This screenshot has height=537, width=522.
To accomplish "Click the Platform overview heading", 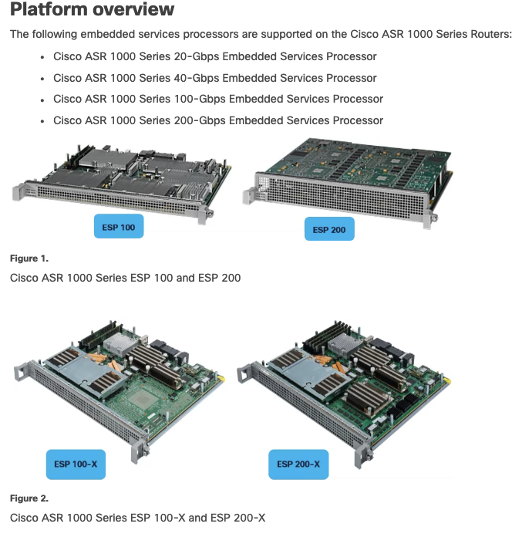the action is click(x=92, y=11).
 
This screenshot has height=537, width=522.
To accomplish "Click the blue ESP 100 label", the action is click(x=118, y=228).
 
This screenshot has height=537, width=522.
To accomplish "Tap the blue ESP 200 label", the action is click(x=329, y=230).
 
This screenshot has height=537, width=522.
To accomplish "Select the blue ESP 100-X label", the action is click(x=75, y=464).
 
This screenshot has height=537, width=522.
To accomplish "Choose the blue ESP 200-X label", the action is click(x=298, y=464).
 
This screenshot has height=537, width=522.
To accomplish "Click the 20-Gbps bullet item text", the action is click(x=214, y=56).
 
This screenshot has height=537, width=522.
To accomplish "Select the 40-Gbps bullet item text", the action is click(x=214, y=78).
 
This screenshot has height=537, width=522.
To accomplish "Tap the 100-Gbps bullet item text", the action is click(x=217, y=99).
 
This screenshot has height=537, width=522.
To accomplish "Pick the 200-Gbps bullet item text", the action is click(x=217, y=120).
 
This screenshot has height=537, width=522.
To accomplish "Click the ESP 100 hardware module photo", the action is click(x=123, y=177).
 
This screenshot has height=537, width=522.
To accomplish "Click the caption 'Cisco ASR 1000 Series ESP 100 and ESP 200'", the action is click(x=125, y=277).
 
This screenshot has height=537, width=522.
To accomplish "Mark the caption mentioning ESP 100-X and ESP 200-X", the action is click(x=137, y=517).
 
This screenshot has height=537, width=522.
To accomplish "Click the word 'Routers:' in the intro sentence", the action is click(x=490, y=35).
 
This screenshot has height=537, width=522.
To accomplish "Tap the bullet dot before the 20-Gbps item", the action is click(x=42, y=57).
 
